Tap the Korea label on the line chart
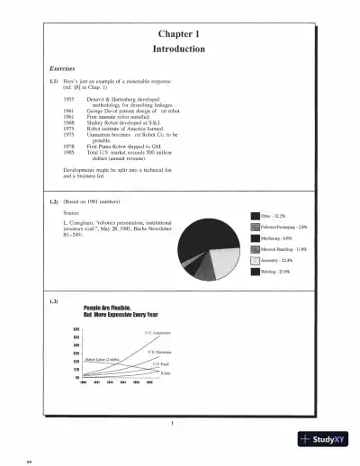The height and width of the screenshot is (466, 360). (x=153, y=372)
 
